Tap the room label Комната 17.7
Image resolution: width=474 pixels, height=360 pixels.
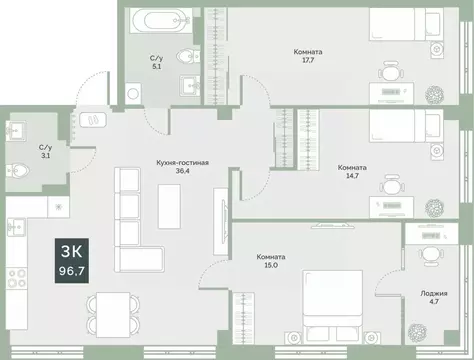308,57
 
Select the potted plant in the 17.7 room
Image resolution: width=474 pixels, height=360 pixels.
435,95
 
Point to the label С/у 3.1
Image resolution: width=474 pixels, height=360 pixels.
17,150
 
